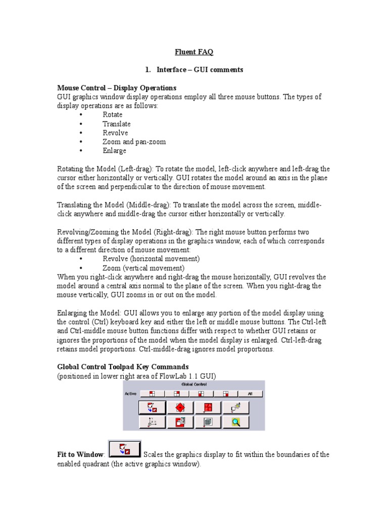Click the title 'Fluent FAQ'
point(194,52)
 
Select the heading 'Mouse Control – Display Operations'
point(117,88)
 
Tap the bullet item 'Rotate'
point(112,115)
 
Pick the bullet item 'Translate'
point(116,124)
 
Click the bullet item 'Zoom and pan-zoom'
point(134,142)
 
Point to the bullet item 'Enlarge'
point(114,151)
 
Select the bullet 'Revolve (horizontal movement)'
point(151,259)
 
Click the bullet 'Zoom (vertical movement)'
point(143,268)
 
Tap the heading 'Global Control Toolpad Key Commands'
point(123,367)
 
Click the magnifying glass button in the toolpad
point(235,422)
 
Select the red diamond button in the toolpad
point(180,407)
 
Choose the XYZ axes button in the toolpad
point(152,422)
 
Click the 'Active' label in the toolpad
point(130,393)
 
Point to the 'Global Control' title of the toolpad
point(194,384)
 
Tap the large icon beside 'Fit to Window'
point(125,448)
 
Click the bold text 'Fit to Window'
point(80,455)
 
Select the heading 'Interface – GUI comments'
point(200,70)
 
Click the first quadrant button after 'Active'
point(152,393)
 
